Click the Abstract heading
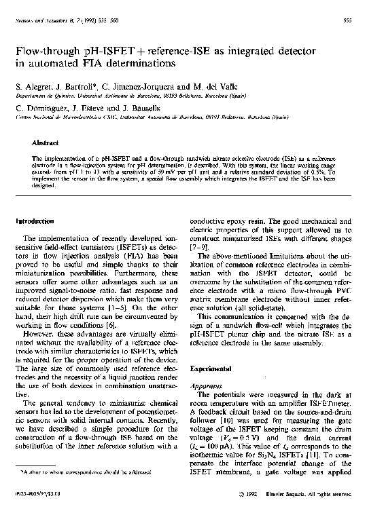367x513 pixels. pyautogui.click(x=45, y=143)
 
